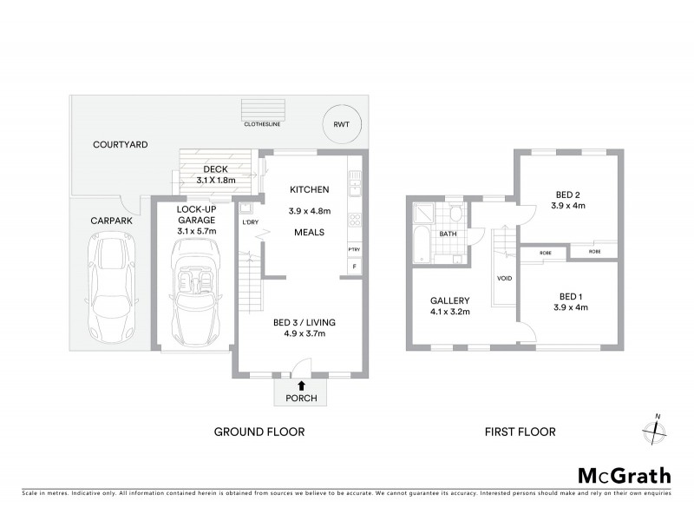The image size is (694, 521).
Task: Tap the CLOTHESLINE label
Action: pos(261,124)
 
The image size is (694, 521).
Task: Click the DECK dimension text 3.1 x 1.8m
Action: pos(215,180)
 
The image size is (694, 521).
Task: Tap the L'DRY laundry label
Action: pos(251,223)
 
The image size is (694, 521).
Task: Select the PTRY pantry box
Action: pos(354,250)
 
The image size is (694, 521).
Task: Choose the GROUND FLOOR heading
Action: pos(259,432)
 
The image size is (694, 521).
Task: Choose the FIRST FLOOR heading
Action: pos(520,432)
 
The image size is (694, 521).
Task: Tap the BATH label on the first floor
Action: pos(448,234)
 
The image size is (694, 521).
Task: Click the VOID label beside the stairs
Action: pos(504,279)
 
